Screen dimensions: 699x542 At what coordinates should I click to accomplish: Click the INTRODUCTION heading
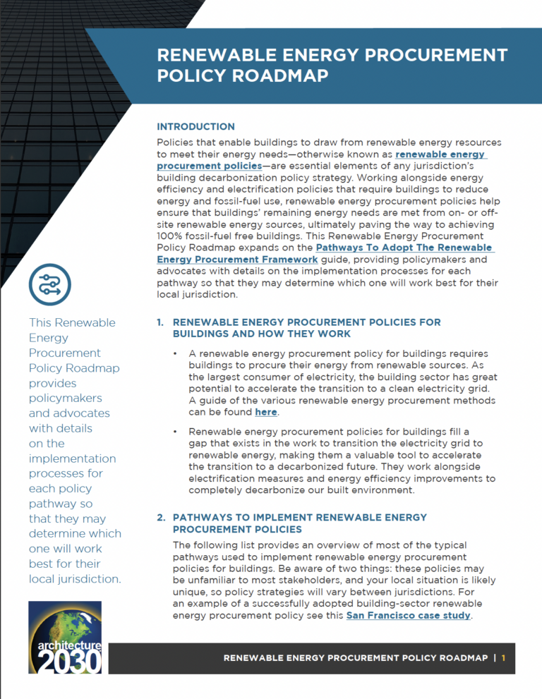click(195, 127)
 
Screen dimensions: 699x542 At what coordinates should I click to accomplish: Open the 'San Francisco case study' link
click(407, 616)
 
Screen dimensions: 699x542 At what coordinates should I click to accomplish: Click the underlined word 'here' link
click(266, 412)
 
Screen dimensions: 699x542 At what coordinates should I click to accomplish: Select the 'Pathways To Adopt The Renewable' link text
click(404, 248)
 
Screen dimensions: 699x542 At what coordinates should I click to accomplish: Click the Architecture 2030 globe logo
click(65, 637)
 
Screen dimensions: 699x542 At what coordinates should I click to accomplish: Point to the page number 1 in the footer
click(504, 657)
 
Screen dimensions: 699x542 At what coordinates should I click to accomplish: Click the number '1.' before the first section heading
click(161, 322)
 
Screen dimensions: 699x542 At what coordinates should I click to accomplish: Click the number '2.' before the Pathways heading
click(161, 518)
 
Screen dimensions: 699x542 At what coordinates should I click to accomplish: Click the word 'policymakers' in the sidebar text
click(69, 398)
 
